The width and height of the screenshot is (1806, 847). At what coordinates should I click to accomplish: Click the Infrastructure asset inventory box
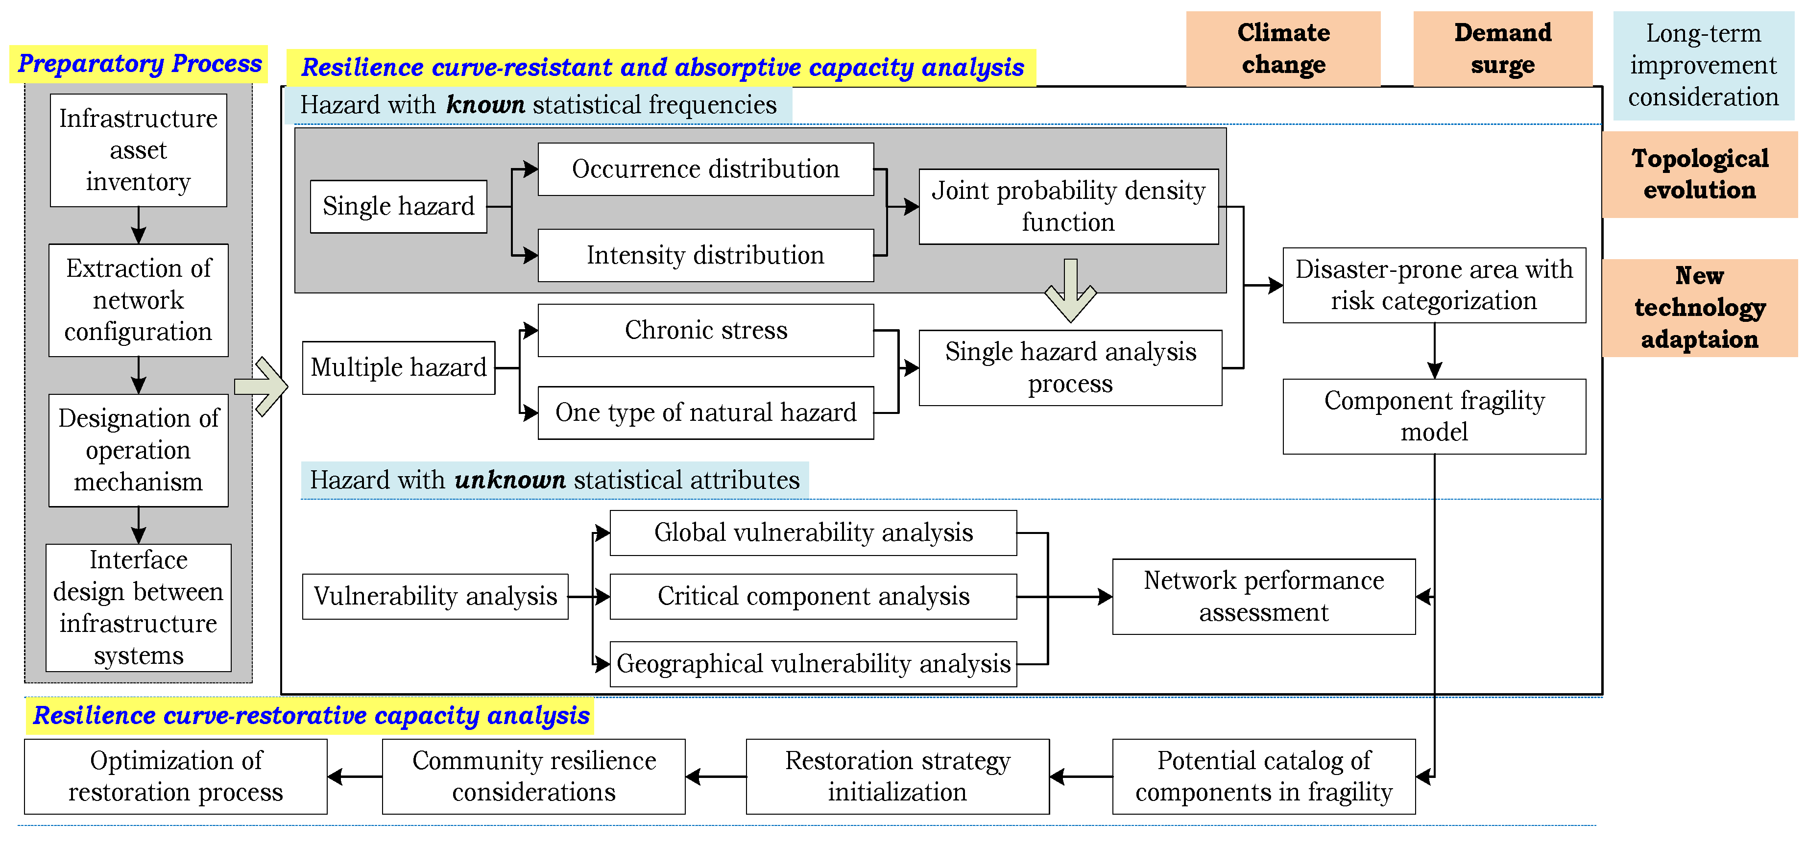tap(138, 149)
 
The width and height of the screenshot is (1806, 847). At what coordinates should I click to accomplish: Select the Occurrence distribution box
tap(705, 169)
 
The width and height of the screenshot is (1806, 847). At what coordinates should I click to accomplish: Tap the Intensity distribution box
tap(705, 255)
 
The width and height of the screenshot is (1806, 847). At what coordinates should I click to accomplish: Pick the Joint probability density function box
tap(1068, 206)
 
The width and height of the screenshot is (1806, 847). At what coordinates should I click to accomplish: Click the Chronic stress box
tap(705, 330)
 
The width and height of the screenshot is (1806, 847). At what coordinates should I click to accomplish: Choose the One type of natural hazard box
tap(705, 412)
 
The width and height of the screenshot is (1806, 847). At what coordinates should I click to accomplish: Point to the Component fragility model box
tap(1434, 416)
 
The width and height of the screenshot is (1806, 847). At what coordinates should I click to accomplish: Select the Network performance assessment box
tap(1263, 596)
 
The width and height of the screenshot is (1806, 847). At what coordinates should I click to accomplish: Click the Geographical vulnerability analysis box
tap(813, 663)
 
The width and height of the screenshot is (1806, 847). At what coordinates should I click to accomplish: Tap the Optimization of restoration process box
tap(175, 776)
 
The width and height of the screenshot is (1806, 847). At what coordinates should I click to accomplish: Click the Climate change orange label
tap(1283, 48)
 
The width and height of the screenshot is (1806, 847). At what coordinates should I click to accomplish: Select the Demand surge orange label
tap(1502, 48)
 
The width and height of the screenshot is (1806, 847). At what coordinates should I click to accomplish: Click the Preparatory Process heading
tap(139, 64)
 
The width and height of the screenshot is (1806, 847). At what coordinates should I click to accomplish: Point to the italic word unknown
tap(510, 480)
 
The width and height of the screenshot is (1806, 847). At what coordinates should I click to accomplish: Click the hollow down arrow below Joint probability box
tap(1070, 290)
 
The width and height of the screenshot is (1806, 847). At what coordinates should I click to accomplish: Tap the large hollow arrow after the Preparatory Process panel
tap(262, 387)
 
